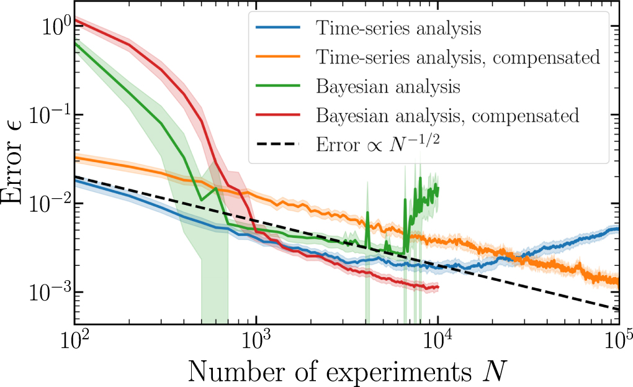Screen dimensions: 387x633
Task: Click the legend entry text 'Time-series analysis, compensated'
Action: (x=457, y=58)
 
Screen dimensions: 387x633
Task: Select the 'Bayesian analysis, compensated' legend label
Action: (x=447, y=116)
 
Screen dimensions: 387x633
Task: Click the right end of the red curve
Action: (x=438, y=287)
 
